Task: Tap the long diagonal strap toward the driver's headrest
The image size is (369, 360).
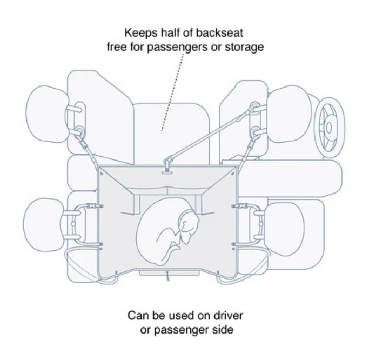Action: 211,136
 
